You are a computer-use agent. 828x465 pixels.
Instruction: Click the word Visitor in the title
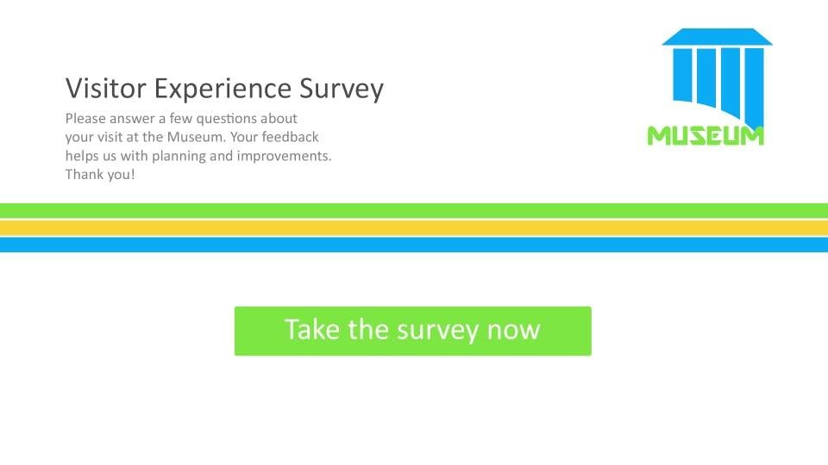pyautogui.click(x=105, y=88)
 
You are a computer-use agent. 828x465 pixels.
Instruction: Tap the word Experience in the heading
pyautogui.click(x=223, y=89)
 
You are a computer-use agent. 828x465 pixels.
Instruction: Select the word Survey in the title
pyautogui.click(x=342, y=89)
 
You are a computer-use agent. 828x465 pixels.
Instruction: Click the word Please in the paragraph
pyautogui.click(x=85, y=118)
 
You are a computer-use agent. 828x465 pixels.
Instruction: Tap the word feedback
pyautogui.click(x=290, y=137)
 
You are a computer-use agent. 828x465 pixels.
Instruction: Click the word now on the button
pyautogui.click(x=513, y=331)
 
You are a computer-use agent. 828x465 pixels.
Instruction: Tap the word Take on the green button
pyautogui.click(x=311, y=330)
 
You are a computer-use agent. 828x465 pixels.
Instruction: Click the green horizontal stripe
pyautogui.click(x=414, y=210)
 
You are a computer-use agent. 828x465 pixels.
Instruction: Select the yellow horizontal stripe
pyautogui.click(x=414, y=227)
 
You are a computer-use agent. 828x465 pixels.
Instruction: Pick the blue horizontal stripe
pyautogui.click(x=414, y=245)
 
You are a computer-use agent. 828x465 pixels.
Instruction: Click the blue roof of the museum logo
pyautogui.click(x=717, y=37)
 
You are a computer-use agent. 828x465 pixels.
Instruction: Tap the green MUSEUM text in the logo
pyautogui.click(x=706, y=135)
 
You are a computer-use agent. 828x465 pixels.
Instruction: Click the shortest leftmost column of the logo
pyautogui.click(x=682, y=75)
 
